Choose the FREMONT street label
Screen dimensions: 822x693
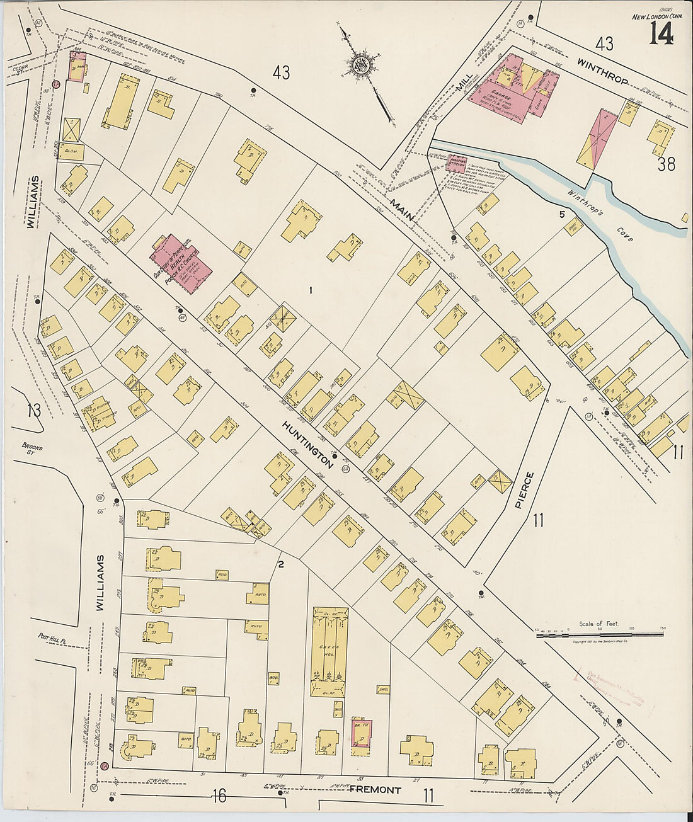pyautogui.click(x=375, y=789)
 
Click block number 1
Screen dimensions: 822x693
pyautogui.click(x=311, y=290)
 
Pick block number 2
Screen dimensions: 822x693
pyautogui.click(x=281, y=564)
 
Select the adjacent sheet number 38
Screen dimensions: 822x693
pyautogui.click(x=667, y=165)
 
